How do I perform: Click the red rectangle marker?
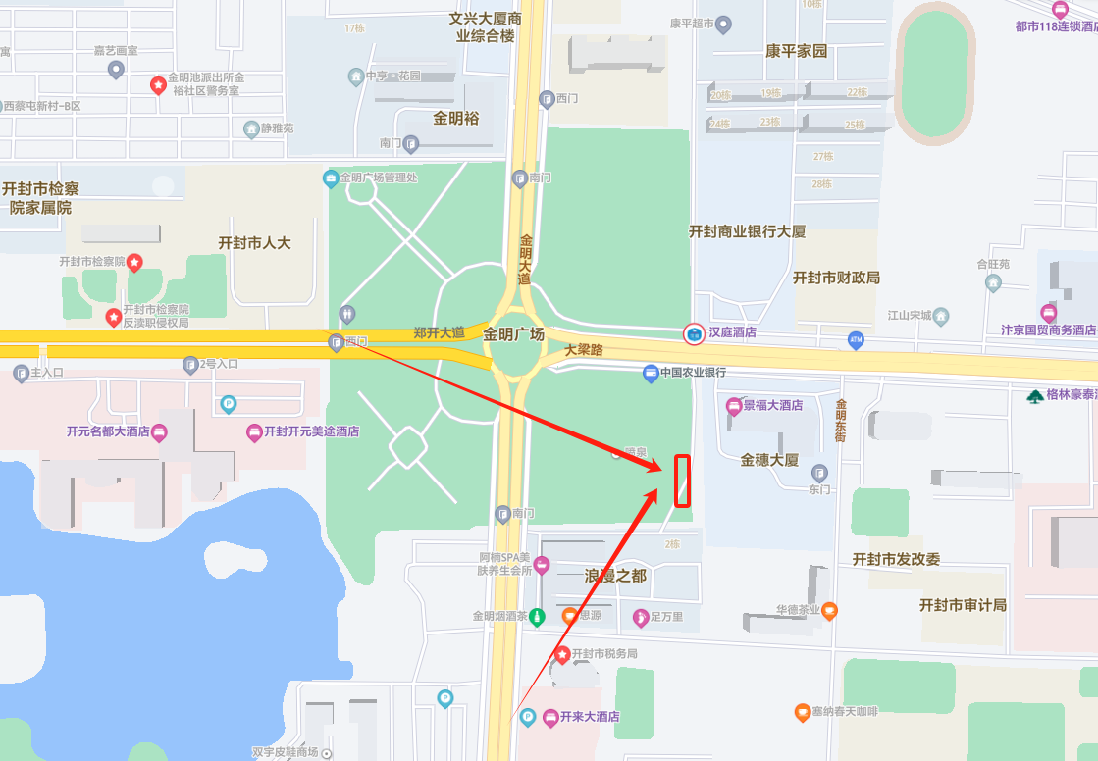coord(682,481)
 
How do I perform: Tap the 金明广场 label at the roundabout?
coord(513,334)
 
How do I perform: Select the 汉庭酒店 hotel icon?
coord(694,334)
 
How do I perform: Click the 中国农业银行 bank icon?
coord(650,373)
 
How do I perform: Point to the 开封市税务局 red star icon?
coord(562,653)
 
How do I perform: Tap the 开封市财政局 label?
coord(836,278)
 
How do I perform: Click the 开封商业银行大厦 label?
coord(747,231)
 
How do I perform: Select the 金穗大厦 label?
coord(769,459)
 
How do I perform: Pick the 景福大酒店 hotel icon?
coord(733,405)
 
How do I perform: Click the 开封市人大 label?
coord(254,242)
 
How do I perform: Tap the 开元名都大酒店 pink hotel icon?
coord(159,431)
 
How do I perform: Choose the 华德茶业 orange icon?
coord(829,610)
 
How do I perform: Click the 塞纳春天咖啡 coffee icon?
coord(803,711)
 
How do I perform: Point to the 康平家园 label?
coord(797,51)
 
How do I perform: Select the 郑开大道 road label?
coord(439,332)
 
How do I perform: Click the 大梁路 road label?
coord(583,349)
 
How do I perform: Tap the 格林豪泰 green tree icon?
coord(1035,396)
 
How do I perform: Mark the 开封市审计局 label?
coord(963,605)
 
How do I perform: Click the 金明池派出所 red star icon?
coord(157,85)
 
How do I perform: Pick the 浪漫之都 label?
coord(615,576)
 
